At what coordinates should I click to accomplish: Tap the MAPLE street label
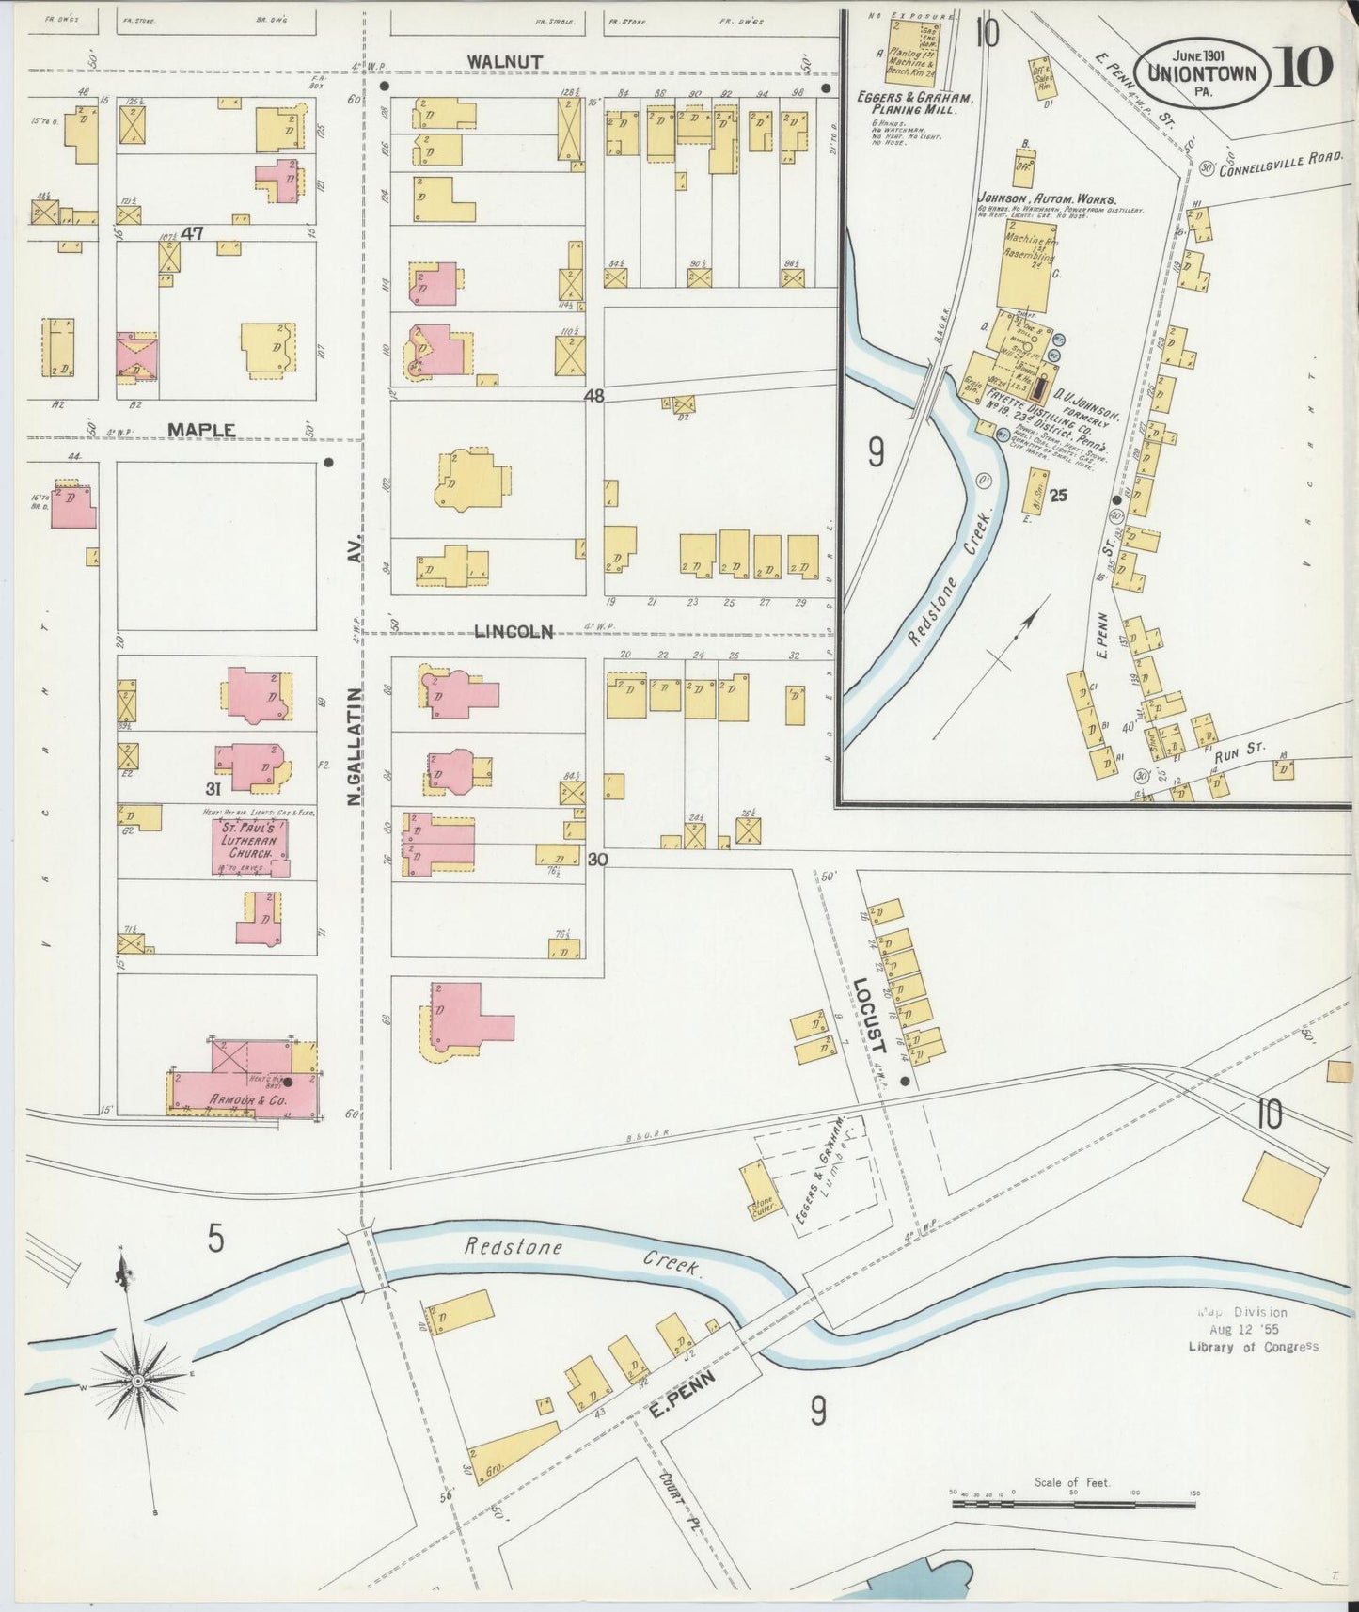point(201,429)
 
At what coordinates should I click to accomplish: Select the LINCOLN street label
point(514,631)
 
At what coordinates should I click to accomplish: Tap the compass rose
point(137,1380)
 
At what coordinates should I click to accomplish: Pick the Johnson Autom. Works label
point(1046,199)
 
